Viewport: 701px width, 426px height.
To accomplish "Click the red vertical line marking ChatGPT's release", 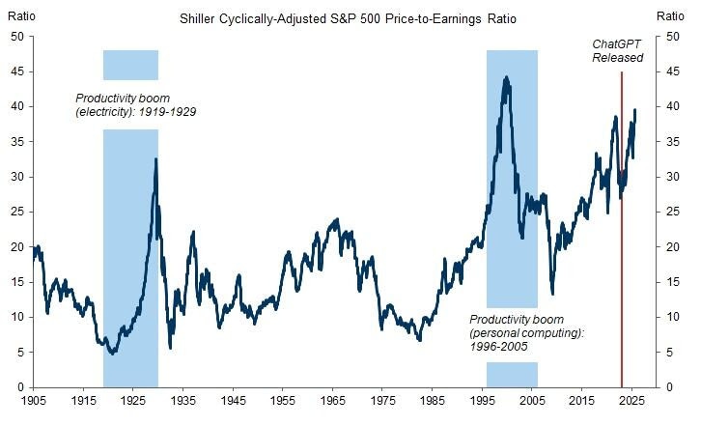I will pyautogui.click(x=621, y=241).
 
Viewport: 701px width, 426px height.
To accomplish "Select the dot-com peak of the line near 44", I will pyautogui.click(x=506, y=77).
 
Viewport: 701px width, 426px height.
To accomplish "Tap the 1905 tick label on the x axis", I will pyautogui.click(x=35, y=399).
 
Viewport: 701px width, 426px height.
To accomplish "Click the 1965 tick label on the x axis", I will pyautogui.click(x=333, y=399).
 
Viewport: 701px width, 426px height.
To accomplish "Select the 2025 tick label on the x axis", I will pyautogui.click(x=631, y=399).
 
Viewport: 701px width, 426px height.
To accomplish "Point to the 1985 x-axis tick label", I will pyautogui.click(x=433, y=399).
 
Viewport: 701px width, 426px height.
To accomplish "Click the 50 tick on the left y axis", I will pyautogui.click(x=16, y=37).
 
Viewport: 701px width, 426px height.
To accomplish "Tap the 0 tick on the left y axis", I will pyautogui.click(x=20, y=386).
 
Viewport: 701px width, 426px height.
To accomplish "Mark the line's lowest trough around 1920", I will pyautogui.click(x=114, y=353).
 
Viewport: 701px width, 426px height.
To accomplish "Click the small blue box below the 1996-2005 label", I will pyautogui.click(x=512, y=373).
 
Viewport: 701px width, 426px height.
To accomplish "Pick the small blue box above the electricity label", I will pyautogui.click(x=130, y=65).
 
